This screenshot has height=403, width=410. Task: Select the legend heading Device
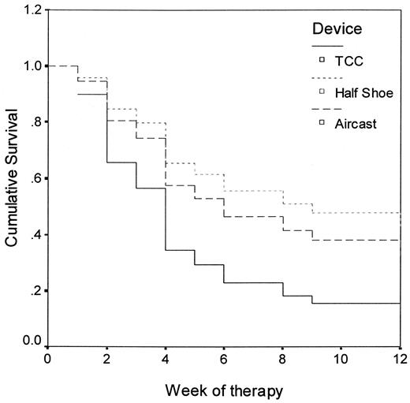pyautogui.click(x=334, y=29)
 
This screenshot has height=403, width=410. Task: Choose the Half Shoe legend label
pyautogui.click(x=362, y=92)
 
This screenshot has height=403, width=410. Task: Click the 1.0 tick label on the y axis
pyautogui.click(x=32, y=66)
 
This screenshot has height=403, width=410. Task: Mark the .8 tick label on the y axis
pyautogui.click(x=35, y=122)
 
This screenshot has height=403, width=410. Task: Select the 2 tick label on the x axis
pyautogui.click(x=106, y=359)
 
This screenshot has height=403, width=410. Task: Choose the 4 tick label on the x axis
pyautogui.click(x=166, y=359)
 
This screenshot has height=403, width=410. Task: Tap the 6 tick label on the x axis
pyautogui.click(x=224, y=359)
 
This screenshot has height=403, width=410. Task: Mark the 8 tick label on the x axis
pyautogui.click(x=283, y=359)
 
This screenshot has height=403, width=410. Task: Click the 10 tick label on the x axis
pyautogui.click(x=341, y=359)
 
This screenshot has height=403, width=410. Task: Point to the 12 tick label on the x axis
pyautogui.click(x=400, y=359)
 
